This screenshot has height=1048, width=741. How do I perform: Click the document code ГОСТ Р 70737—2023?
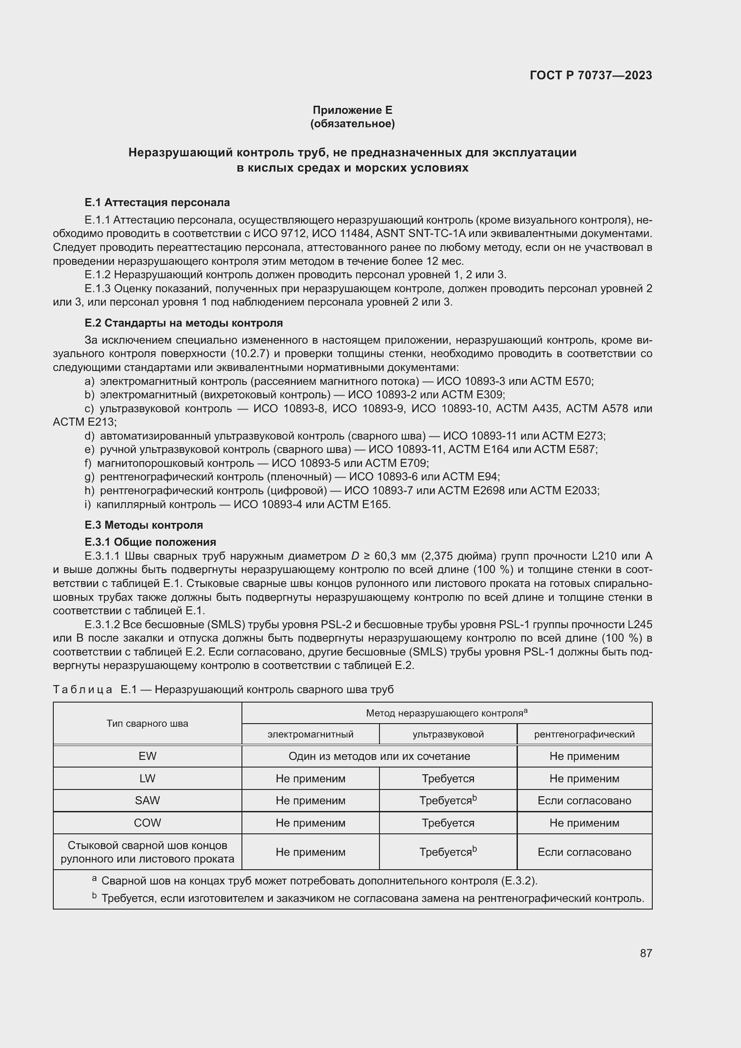coord(591,75)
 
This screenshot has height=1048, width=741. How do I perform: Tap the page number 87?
coord(646,953)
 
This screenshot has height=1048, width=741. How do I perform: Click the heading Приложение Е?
coord(352,110)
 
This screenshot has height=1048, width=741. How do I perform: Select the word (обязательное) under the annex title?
coord(352,124)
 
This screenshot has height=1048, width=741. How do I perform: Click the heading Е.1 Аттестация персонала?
coord(157,202)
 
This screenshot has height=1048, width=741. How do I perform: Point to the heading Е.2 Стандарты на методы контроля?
coord(183,323)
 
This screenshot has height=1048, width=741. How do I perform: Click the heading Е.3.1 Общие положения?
coord(150,542)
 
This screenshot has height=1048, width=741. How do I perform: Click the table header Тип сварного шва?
coord(147,724)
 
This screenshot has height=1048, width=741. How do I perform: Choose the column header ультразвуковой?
coord(448,734)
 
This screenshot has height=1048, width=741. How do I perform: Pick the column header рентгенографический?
coord(584,734)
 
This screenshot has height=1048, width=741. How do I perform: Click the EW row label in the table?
coord(147,756)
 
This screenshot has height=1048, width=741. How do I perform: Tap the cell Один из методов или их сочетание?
coord(379,756)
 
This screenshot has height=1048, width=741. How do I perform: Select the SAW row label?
coord(147,801)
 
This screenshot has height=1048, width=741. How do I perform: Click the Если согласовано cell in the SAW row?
coord(584,801)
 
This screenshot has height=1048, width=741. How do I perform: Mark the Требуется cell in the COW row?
coord(448,823)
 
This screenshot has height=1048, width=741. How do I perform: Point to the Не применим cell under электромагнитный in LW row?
coord(310,779)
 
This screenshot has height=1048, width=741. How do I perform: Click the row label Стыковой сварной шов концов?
coord(147,845)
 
